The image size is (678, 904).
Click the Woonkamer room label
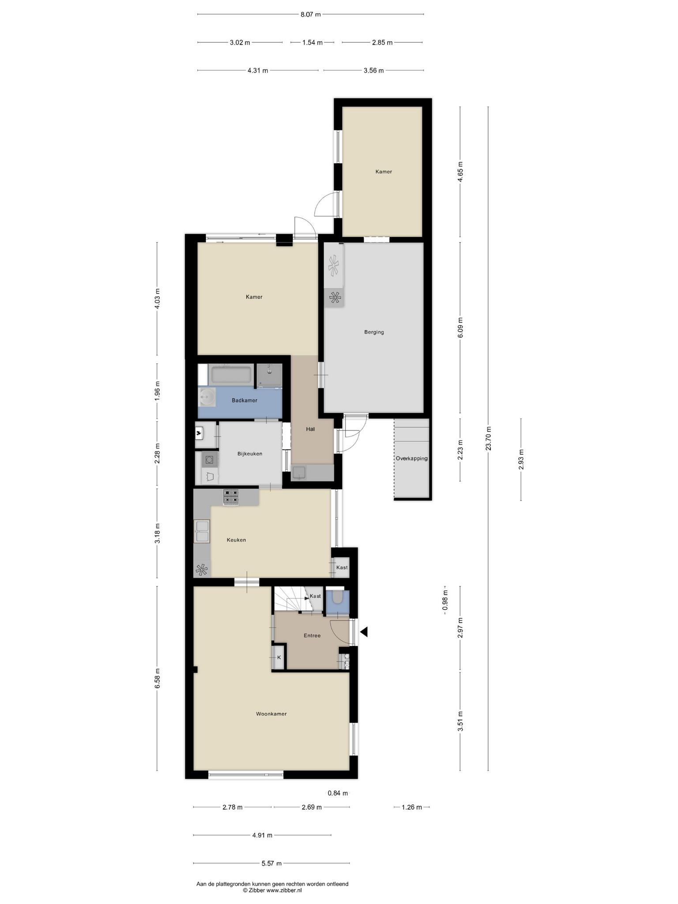(x=271, y=714)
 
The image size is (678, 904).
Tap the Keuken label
(x=236, y=540)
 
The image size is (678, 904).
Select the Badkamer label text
(x=245, y=400)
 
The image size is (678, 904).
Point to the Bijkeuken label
(x=250, y=454)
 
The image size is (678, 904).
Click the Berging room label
(x=374, y=332)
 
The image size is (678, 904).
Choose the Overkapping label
(x=411, y=458)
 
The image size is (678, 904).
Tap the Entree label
(x=312, y=636)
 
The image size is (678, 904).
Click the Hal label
(x=310, y=429)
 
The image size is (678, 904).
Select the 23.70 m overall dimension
(x=488, y=438)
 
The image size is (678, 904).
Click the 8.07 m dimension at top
(x=310, y=14)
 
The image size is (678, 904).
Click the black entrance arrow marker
(x=364, y=632)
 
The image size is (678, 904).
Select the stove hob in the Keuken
(x=231, y=497)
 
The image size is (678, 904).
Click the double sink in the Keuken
(x=202, y=531)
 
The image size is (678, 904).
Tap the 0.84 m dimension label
(x=338, y=793)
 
